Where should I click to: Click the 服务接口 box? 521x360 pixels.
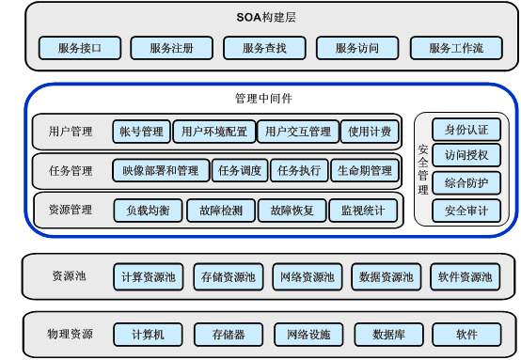pyautogui.click(x=80, y=48)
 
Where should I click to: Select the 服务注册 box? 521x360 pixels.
pyautogui.click(x=171, y=48)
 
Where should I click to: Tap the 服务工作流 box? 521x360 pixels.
pyautogui.click(x=457, y=48)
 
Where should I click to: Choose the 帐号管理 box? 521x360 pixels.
pyautogui.click(x=140, y=131)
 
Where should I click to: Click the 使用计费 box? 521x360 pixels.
pyautogui.click(x=370, y=131)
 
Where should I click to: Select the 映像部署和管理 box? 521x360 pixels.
pyautogui.click(x=161, y=170)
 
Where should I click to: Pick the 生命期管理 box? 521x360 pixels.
pyautogui.click(x=364, y=170)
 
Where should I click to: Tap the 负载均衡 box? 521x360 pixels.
pyautogui.click(x=148, y=210)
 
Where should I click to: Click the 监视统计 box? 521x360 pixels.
pyautogui.click(x=362, y=210)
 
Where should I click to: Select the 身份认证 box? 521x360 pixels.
pyautogui.click(x=466, y=129)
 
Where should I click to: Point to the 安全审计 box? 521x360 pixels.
pyautogui.click(x=466, y=210)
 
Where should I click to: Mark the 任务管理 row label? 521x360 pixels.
pyautogui.click(x=71, y=171)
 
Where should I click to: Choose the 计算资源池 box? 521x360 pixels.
pyautogui.click(x=149, y=277)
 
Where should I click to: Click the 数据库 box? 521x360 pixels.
pyautogui.click(x=388, y=334)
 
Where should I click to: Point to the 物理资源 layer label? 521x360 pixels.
pyautogui.click(x=71, y=334)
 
